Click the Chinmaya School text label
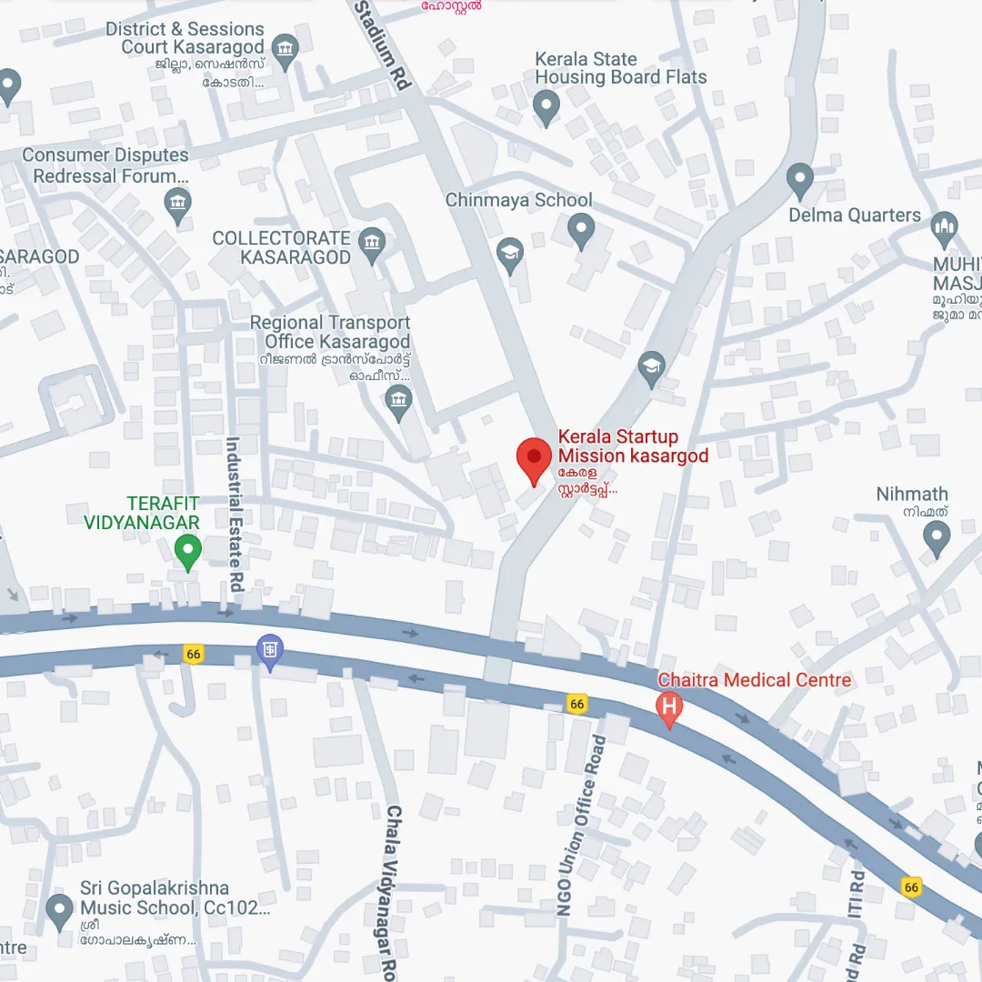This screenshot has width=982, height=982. click(x=518, y=200)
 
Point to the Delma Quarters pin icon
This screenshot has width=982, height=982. click(x=799, y=180)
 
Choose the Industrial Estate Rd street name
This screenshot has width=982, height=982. click(x=235, y=515)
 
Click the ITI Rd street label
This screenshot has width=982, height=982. click(x=856, y=918)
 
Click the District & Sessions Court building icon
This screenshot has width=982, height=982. click(x=286, y=48)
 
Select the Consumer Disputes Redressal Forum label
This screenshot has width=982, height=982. click(x=105, y=165)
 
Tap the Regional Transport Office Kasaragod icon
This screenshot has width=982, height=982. click(x=398, y=400)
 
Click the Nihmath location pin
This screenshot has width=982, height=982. click(x=936, y=537)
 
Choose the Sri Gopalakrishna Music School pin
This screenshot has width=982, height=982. click(x=60, y=908)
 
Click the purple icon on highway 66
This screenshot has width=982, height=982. click(x=270, y=650)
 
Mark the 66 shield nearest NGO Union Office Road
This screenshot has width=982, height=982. click(x=576, y=704)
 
